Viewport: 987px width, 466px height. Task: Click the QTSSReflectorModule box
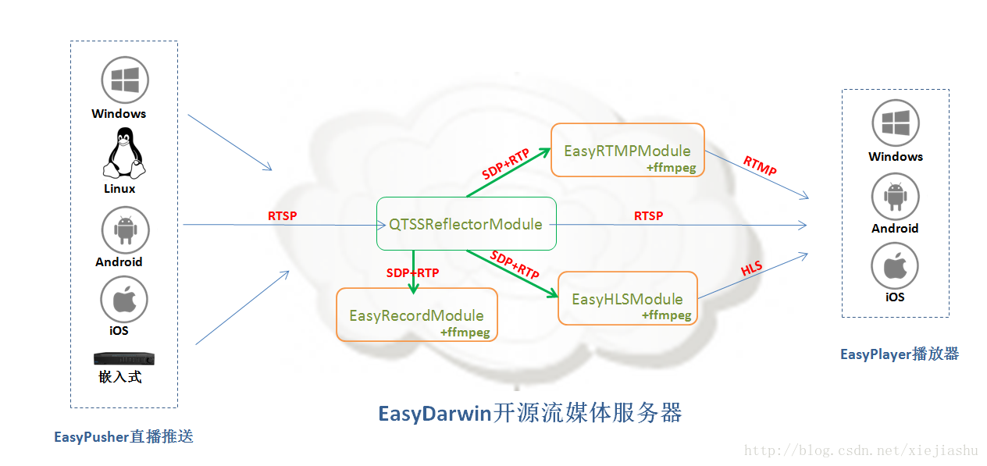(466, 224)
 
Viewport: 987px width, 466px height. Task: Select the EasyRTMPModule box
(627, 150)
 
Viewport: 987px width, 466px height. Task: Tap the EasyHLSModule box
(627, 298)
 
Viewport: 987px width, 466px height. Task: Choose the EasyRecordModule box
(416, 315)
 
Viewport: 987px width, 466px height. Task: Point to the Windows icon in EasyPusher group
(125, 80)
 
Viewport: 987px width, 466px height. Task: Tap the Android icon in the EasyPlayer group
(895, 197)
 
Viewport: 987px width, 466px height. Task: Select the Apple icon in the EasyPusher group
(124, 300)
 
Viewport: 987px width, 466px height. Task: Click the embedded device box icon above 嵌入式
(124, 359)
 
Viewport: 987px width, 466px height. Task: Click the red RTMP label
(760, 165)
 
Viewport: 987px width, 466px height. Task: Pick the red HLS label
(751, 269)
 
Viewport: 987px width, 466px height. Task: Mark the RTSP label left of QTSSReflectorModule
(282, 215)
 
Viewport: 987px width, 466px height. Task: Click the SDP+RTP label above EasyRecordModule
(412, 272)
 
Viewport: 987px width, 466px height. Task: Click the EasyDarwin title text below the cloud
(530, 413)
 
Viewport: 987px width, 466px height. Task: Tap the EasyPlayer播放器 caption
(899, 354)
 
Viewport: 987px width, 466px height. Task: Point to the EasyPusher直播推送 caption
(123, 436)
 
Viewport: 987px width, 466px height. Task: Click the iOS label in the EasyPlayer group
(895, 297)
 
